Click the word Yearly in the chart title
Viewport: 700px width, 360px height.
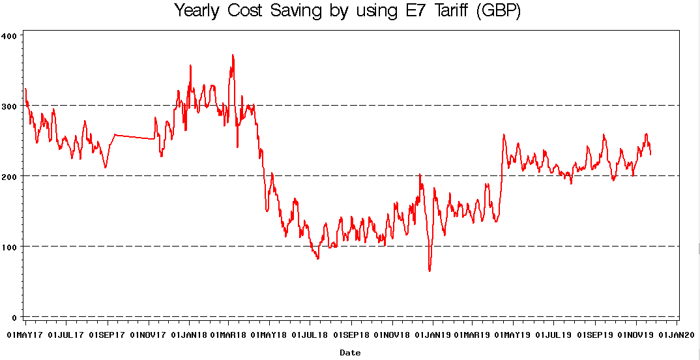tap(197, 12)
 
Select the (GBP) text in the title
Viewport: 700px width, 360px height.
tap(499, 12)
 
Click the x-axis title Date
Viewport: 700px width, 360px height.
tap(350, 353)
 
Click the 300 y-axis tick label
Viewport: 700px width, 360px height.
tap(11, 105)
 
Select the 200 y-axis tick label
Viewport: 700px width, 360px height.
tap(11, 176)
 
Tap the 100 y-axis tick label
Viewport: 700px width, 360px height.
tap(11, 247)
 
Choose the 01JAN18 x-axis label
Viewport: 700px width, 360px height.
tap(189, 335)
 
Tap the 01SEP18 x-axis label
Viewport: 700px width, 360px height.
tap(351, 335)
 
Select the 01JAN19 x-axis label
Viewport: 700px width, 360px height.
tap(433, 335)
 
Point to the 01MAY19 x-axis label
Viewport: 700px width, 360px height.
tap(513, 335)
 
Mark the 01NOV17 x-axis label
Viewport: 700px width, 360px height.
tap(149, 335)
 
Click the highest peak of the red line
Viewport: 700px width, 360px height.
tap(233, 55)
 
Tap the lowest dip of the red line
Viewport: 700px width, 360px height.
tap(430, 271)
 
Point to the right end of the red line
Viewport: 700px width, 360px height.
tap(650, 155)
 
